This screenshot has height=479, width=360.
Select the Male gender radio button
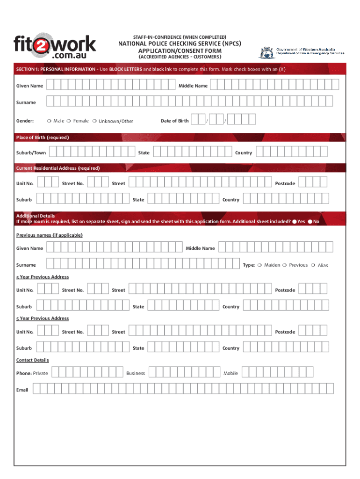tap(49, 121)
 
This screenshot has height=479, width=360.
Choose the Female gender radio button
tap(69, 121)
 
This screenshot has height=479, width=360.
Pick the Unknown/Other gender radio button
tap(94, 121)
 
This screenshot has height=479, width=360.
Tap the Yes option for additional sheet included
tap(295, 222)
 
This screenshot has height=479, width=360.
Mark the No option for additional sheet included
tap(310, 222)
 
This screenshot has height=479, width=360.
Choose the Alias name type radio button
tap(313, 265)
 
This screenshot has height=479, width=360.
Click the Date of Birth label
tap(174, 121)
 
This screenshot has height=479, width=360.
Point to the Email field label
tap(22, 390)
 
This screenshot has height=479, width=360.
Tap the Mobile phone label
tap(230, 373)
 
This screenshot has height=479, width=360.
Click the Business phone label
tap(136, 373)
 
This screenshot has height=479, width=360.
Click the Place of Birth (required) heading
tap(43, 138)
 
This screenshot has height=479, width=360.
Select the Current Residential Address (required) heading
tap(58, 168)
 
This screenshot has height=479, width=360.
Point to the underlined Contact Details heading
tap(32, 360)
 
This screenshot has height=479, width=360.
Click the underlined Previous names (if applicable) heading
tap(49, 235)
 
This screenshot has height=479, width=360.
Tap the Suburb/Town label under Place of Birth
tap(31, 152)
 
